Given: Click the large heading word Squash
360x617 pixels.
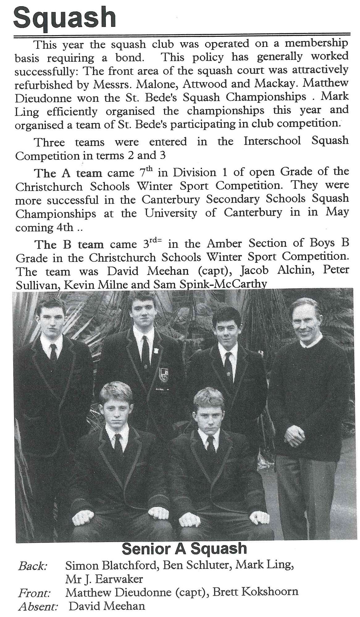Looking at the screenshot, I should click(65, 18).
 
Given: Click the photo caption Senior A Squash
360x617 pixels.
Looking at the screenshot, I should click(184, 548).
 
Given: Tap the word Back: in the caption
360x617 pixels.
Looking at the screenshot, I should click(33, 566).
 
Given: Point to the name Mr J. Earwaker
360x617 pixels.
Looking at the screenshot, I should click(104, 579).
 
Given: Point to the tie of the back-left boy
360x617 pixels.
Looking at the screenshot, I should click(53, 352).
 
